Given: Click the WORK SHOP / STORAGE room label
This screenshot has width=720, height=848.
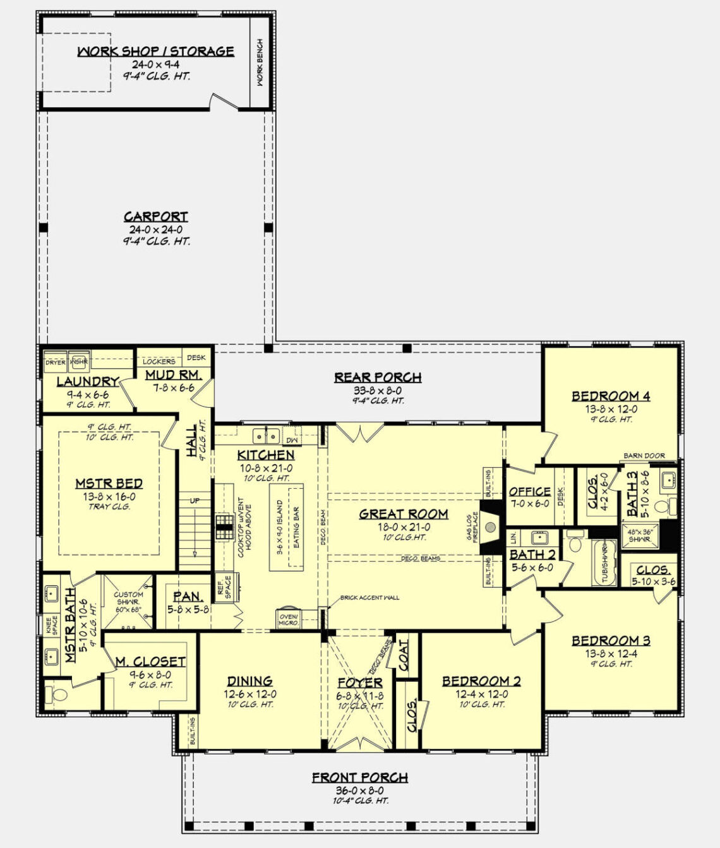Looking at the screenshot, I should point(155,51).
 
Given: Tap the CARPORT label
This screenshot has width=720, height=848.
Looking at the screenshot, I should point(156,217).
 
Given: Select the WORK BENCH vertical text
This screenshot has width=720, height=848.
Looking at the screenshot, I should point(260,63).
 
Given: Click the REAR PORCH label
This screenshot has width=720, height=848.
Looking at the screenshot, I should point(378,378).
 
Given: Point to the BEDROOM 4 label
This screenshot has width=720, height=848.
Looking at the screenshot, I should point(611,397).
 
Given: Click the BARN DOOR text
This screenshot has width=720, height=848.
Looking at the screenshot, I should point(644,455).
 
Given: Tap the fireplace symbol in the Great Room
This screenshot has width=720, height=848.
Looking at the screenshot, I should point(489,518).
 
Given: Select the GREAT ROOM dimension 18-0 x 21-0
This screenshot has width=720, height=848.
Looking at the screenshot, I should point(404,527).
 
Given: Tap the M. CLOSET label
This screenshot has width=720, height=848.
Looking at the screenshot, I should point(150,662).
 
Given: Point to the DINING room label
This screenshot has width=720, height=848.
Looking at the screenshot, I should point(250,681).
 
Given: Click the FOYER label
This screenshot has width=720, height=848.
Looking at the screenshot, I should point(360,683).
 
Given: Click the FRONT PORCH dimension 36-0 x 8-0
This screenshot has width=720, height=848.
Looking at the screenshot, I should point(360,791).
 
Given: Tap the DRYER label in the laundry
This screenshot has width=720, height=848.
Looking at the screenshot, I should point(55,362).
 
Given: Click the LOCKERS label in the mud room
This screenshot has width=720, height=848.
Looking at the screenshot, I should point(159,362).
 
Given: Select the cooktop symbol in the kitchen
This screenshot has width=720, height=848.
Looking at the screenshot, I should point(224,526).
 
